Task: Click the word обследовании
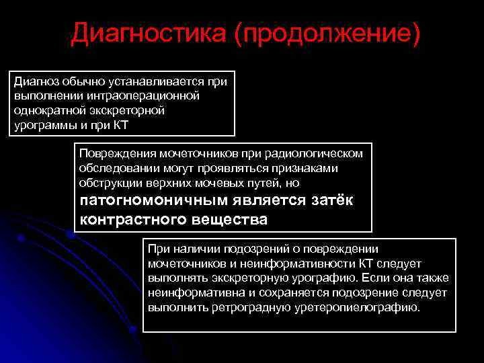[x=116, y=168]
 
